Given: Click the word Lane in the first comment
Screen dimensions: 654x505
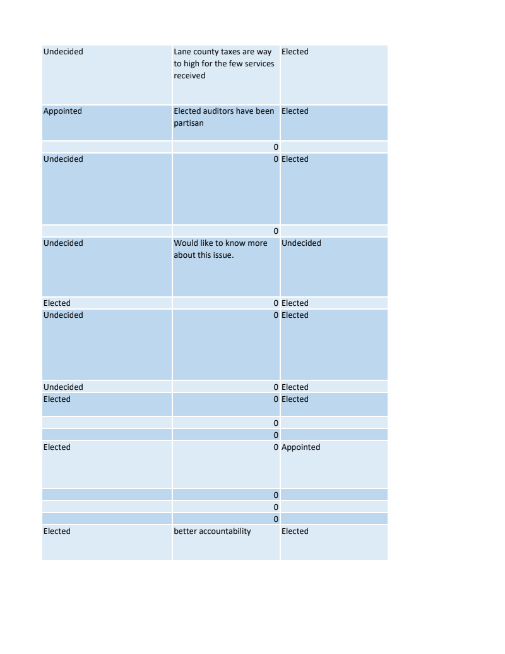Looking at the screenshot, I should pyautogui.click(x=182, y=52).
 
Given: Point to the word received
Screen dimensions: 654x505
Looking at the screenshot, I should pyautogui.click(x=189, y=76).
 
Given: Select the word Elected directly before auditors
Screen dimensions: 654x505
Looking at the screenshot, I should pyautogui.click(x=187, y=111).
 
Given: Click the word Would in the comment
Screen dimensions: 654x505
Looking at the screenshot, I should pyautogui.click(x=186, y=243).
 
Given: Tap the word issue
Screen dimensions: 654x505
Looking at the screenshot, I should pyautogui.click(x=222, y=255).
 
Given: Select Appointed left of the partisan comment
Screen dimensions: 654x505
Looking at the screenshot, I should pyautogui.click(x=62, y=111).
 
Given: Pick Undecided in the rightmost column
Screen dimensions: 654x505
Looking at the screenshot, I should pyautogui.click(x=301, y=243).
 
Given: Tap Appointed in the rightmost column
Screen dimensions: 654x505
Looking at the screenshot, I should pyautogui.click(x=300, y=447).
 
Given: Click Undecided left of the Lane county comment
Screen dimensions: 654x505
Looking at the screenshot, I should pyautogui.click(x=63, y=52).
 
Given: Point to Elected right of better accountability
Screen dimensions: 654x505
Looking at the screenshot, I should pyautogui.click(x=295, y=531).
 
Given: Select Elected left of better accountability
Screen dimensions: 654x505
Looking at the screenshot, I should pyautogui.click(x=57, y=531).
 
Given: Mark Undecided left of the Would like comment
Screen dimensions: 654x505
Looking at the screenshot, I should pyautogui.click(x=63, y=243).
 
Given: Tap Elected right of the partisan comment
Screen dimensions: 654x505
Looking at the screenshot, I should pyautogui.click(x=295, y=111).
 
